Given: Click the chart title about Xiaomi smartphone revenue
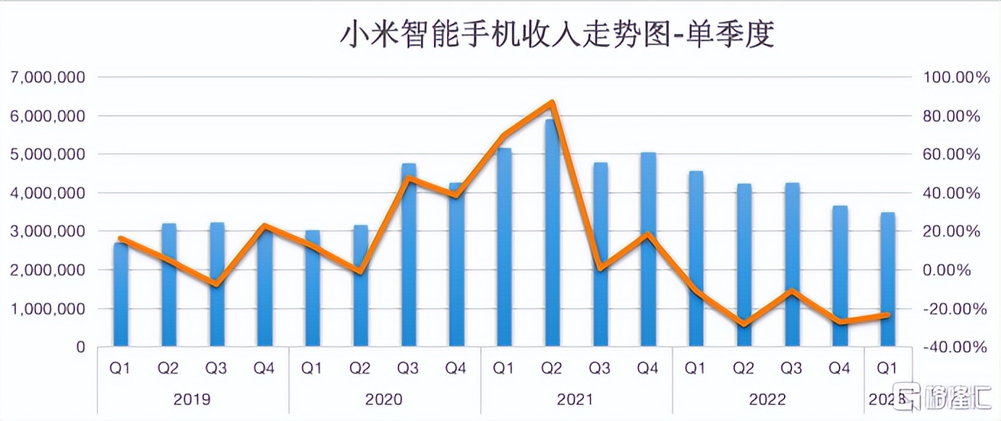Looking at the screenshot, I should click(x=556, y=35).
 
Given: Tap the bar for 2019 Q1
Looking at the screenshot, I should click(x=121, y=297).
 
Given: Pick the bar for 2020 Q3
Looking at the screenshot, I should click(x=409, y=260).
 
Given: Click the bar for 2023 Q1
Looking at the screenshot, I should click(x=887, y=282).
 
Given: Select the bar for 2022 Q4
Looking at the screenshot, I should click(x=840, y=278).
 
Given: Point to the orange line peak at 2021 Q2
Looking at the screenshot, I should click(x=552, y=103).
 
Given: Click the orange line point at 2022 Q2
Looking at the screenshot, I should click(x=744, y=323).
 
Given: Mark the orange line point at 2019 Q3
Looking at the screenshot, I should click(x=216, y=284).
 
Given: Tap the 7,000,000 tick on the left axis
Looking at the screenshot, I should click(x=48, y=77).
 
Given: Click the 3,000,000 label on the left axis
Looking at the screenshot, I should click(x=48, y=231).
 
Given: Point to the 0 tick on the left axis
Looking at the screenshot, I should click(x=80, y=347).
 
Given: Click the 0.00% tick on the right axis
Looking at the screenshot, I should click(x=954, y=270).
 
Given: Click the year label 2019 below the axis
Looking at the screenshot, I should click(x=192, y=399).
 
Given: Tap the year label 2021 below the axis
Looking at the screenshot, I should click(x=576, y=399).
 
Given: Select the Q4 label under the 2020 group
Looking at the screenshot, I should click(x=456, y=369).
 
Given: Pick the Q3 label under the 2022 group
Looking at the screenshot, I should click(x=791, y=369).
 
